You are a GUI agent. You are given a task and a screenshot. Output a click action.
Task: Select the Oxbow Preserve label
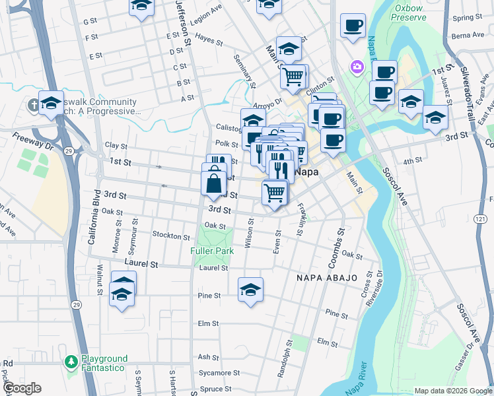[409, 13]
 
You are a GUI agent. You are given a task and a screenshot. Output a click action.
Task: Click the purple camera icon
[357, 66]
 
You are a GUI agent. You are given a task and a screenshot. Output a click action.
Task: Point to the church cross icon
[33, 105]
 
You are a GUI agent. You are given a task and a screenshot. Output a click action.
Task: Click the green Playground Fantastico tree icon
[71, 362]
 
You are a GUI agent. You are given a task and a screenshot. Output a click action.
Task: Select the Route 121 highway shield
[480, 217]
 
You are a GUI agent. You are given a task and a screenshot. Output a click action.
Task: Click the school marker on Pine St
[250, 290]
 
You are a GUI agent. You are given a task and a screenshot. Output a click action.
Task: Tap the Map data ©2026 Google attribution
[452, 391]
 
